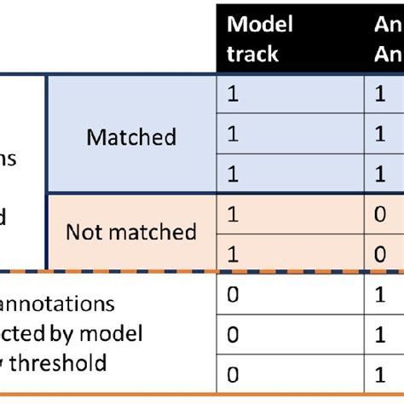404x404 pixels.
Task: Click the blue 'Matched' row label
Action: pyautogui.click(x=131, y=136)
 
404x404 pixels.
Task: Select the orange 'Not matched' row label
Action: pyautogui.click(x=131, y=231)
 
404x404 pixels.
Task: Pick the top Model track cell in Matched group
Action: pyautogui.click(x=233, y=95)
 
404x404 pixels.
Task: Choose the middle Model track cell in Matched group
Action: pyautogui.click(x=233, y=135)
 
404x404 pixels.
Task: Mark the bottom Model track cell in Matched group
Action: pyautogui.click(x=233, y=175)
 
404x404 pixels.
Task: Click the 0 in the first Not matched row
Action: pyautogui.click(x=380, y=215)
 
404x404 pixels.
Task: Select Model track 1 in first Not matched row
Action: pyautogui.click(x=233, y=215)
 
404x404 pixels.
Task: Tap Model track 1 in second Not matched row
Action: pyautogui.click(x=233, y=253)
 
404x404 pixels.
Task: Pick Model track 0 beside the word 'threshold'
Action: pyautogui.click(x=233, y=373)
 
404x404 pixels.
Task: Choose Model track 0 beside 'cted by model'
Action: pyautogui.click(x=233, y=333)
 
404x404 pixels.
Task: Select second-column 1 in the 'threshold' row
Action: pyautogui.click(x=380, y=373)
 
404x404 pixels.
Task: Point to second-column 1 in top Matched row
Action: pyautogui.click(x=380, y=95)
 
